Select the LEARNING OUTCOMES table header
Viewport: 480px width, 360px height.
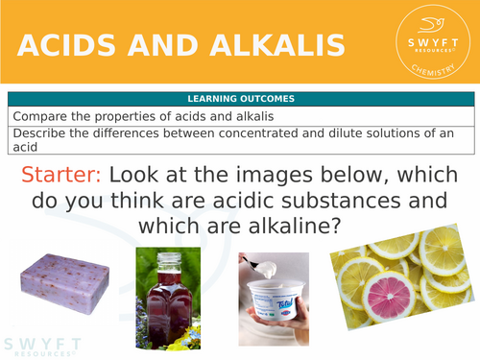coord(241,98)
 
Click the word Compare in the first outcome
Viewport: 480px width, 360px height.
coord(40,115)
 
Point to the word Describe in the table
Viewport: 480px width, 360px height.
coord(40,132)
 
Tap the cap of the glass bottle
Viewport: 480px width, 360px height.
coord(170,257)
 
